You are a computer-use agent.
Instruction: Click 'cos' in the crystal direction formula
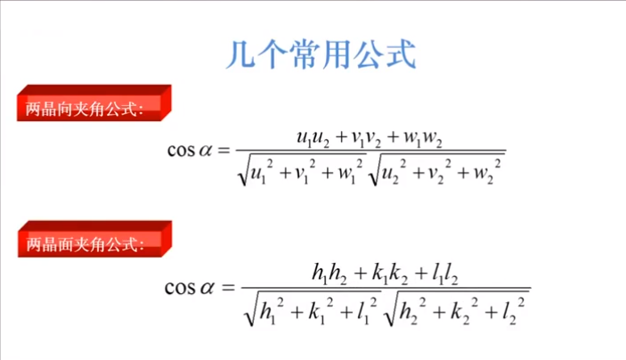click(181, 151)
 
